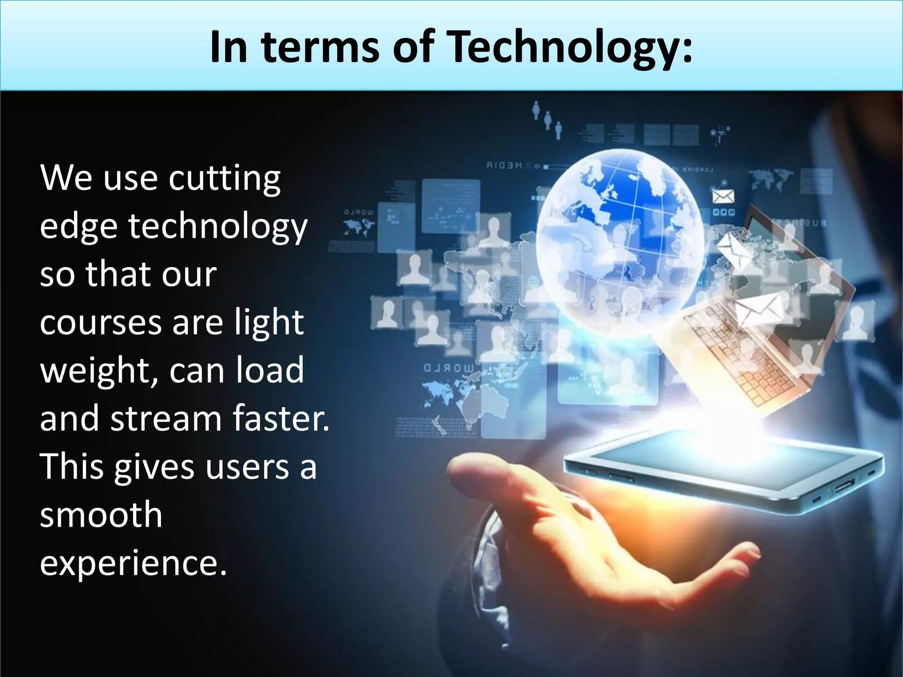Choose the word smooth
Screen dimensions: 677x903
click(101, 514)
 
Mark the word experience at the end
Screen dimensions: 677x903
click(133, 563)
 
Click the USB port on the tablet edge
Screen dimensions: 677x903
click(843, 487)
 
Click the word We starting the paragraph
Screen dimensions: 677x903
click(66, 179)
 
